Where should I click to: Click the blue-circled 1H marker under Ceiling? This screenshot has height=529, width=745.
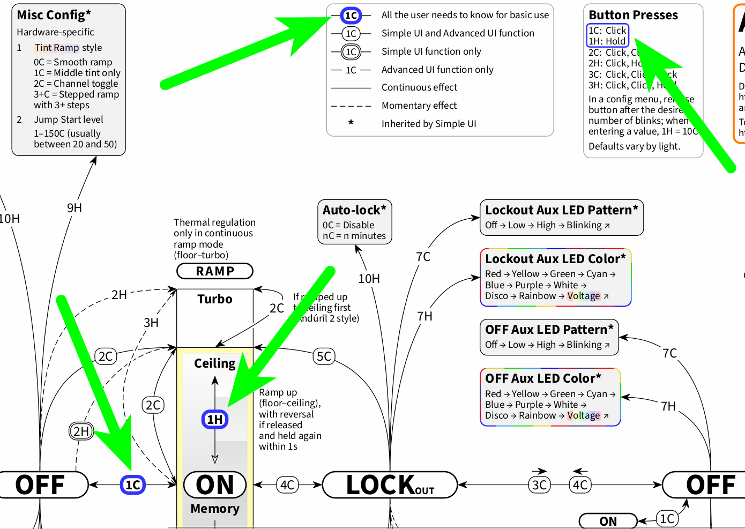coord(215,419)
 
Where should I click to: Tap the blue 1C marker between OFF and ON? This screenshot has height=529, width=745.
coord(133,485)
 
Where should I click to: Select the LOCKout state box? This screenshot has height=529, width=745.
coord(390,485)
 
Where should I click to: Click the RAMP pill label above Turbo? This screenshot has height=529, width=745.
coord(215,271)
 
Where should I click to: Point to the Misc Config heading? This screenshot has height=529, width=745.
coord(54,15)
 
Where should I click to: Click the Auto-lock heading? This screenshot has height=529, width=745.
coord(354,210)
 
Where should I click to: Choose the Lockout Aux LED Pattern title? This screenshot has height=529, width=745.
coord(561,210)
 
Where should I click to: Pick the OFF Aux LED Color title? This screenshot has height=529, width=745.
coord(543,378)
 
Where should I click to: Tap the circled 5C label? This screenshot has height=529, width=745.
coord(324,356)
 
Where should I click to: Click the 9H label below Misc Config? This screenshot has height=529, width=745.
coord(74,208)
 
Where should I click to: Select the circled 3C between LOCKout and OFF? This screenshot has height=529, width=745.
coord(539,485)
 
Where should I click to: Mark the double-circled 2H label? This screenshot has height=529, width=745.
coord(81,431)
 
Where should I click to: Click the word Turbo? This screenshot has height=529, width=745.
coord(215,299)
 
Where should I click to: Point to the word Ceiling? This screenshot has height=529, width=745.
coord(215,363)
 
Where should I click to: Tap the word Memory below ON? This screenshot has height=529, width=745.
coord(215,509)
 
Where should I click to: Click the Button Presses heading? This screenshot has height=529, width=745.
coord(633,15)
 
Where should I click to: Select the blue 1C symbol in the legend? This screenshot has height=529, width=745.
coord(351,16)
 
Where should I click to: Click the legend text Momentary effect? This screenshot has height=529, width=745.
coord(419,106)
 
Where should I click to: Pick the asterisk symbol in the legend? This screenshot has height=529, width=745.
coord(351,123)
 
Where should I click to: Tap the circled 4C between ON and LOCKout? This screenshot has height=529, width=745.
coord(287,485)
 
